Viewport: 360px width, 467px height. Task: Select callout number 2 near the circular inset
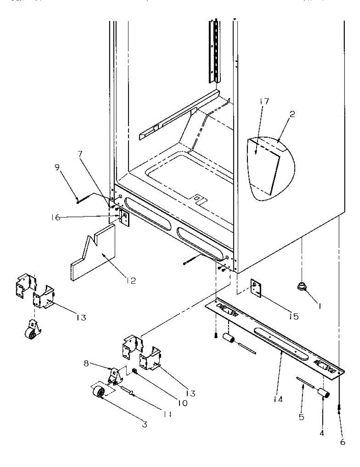tap(292, 114)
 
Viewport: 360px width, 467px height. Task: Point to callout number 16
tap(56, 218)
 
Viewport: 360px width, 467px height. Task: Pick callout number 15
tap(293, 317)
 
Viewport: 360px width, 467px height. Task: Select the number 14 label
tap(277, 399)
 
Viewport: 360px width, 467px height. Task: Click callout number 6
tap(342, 442)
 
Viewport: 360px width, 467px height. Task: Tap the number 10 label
tap(182, 403)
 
